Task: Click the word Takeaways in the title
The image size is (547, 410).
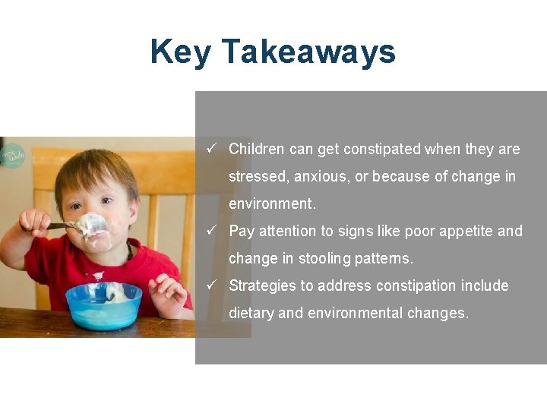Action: point(308,52)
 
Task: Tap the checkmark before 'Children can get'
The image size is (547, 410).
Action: point(212,148)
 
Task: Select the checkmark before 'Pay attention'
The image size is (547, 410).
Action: point(212,230)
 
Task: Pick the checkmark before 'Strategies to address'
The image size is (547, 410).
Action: point(212,285)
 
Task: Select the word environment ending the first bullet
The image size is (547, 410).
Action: point(270,203)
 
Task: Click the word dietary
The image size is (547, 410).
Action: point(251,313)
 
